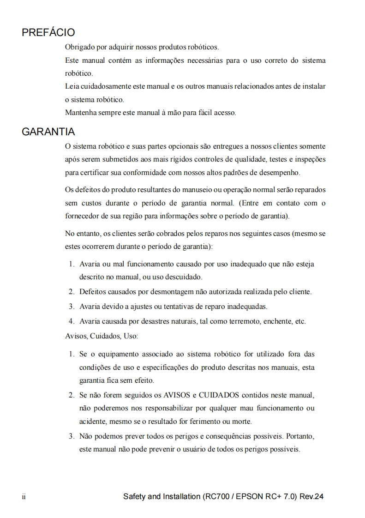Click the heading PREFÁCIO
point(48,33)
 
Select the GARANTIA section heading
point(48,132)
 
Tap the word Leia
point(71,86)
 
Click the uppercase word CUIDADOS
point(219,396)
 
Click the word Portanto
point(301,436)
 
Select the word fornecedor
point(83,216)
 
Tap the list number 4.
point(72,321)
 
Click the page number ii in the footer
point(24,497)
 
